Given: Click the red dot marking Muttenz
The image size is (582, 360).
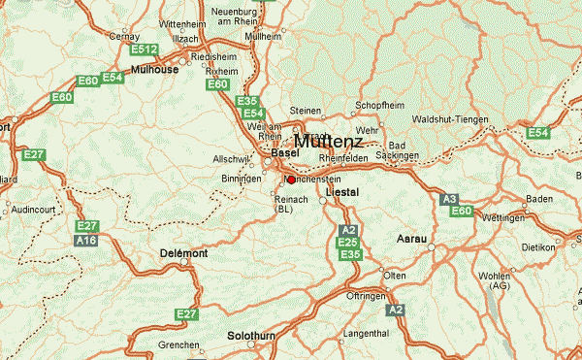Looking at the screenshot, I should coord(290,179).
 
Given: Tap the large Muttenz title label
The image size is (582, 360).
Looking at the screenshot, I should coord(328,141).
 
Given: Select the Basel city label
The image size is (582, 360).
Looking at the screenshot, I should coord(285,153).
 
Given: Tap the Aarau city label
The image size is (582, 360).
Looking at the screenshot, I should coord(413,238).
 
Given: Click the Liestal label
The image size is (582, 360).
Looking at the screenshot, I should coord(342,192).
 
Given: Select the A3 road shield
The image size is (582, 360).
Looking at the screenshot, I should coord(448,199).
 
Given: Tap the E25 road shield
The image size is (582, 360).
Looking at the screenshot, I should coord(349,243).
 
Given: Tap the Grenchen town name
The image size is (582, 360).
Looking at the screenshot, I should coord(179,345).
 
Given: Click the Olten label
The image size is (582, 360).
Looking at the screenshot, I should coord(395,276).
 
